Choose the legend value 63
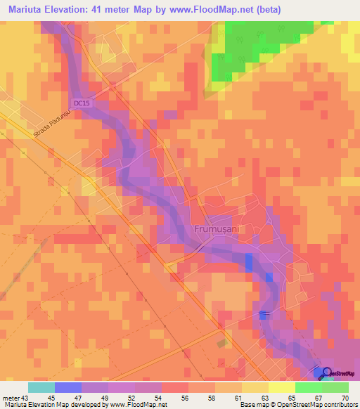click(x=252, y=398)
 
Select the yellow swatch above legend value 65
click(x=281, y=387)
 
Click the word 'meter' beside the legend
click(x=11, y=398)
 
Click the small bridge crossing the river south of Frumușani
click(x=263, y=313)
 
